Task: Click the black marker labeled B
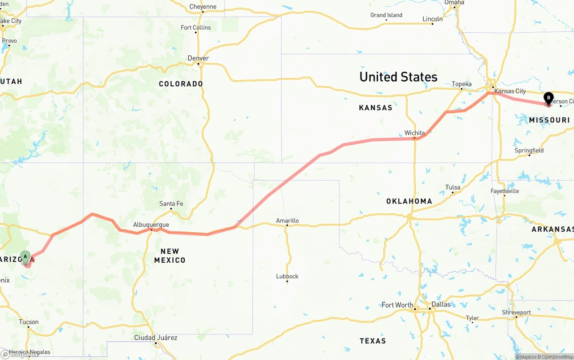pos(548,98)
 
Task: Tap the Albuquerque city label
pos(151,225)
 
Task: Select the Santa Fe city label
pos(171,204)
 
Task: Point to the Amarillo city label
pos(287,221)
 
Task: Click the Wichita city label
pos(414,133)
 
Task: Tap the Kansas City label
pos(510,91)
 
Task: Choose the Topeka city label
pos(461,84)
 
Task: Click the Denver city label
pos(198,58)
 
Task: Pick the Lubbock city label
pos(287,276)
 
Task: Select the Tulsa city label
pos(452,187)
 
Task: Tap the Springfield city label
pos(529,150)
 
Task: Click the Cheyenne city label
pos(203,7)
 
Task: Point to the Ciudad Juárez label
pos(156,338)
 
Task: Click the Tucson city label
pos(29,322)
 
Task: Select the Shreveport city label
pos(516,312)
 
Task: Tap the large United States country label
pos(398,77)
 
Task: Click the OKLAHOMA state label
pos(409,201)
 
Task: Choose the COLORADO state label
pos(181,84)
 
